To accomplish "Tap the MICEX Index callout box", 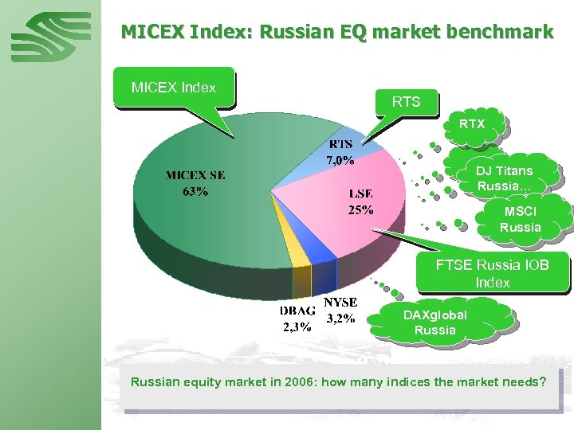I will point(174,86).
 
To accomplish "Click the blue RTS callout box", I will point(406,102).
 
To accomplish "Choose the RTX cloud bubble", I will point(471,124).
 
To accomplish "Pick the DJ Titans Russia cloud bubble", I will point(505,178).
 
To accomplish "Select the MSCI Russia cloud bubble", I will point(521,220).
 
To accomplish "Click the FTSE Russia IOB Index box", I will point(492,273).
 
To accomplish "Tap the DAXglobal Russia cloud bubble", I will point(435,322).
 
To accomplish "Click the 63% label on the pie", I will point(195,192).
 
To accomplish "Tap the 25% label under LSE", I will point(360,210).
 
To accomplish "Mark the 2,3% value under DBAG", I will point(297,326).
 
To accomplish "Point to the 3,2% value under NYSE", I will point(341,319).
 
